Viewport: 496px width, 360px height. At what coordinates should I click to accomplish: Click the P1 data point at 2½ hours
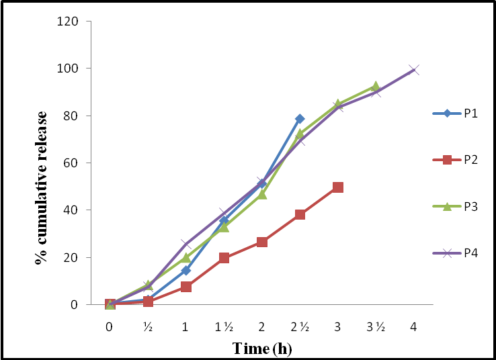[300, 119]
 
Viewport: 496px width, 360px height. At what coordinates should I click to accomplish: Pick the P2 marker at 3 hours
[338, 187]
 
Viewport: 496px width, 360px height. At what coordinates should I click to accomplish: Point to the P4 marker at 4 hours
[414, 70]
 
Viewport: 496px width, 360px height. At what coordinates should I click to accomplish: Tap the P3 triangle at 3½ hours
[376, 87]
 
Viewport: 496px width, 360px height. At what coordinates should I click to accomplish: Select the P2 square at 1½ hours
[224, 257]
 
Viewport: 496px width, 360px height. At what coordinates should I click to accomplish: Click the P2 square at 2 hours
[262, 242]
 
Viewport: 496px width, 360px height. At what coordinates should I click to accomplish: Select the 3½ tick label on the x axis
[376, 326]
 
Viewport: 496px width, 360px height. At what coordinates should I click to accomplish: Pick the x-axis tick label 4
[414, 326]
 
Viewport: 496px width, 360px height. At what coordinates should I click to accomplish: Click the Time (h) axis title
[262, 348]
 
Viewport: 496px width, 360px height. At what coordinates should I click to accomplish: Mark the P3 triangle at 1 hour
[186, 258]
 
